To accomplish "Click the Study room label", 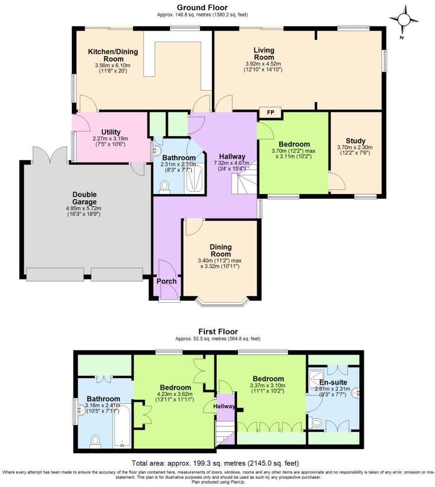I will [356, 141].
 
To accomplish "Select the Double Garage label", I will [84, 198].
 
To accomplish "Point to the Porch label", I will [166, 281].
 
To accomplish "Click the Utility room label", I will [111, 132].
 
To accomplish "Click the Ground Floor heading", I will [202, 7].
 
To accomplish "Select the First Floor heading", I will [218, 331].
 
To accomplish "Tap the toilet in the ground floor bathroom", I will [164, 186].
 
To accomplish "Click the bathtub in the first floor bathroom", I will [122, 425].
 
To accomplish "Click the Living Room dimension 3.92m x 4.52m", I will [264, 64].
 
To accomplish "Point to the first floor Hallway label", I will [221, 406].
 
